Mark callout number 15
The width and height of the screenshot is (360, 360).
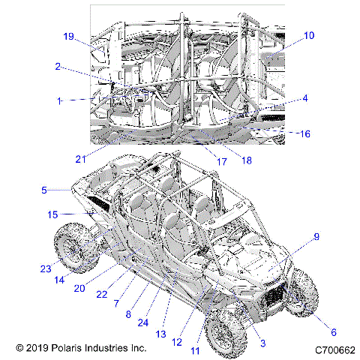tap(52, 214)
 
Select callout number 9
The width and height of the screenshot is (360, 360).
tap(316, 237)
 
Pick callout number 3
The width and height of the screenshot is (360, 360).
tap(262, 343)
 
